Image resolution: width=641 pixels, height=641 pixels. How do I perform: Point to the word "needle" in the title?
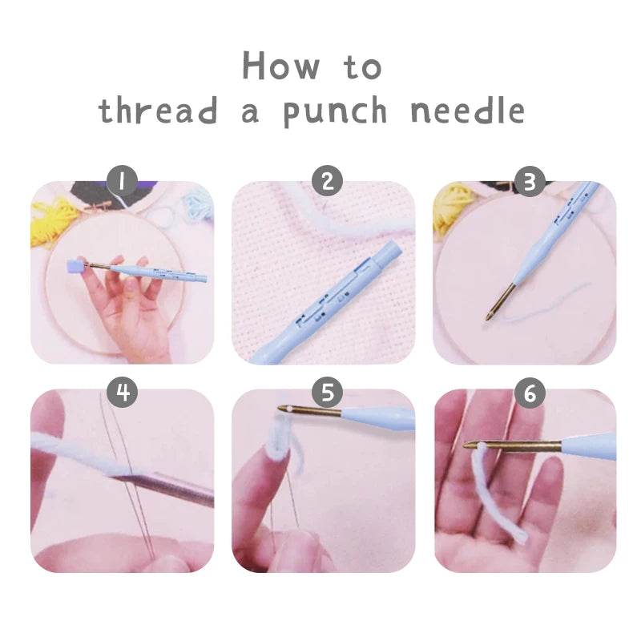pyautogui.click(x=467, y=111)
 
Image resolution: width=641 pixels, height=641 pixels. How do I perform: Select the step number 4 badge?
pyautogui.click(x=123, y=392)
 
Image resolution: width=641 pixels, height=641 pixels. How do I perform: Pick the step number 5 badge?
pyautogui.click(x=326, y=392)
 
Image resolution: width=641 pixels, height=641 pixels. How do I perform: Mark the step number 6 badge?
pyautogui.click(x=528, y=392)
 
